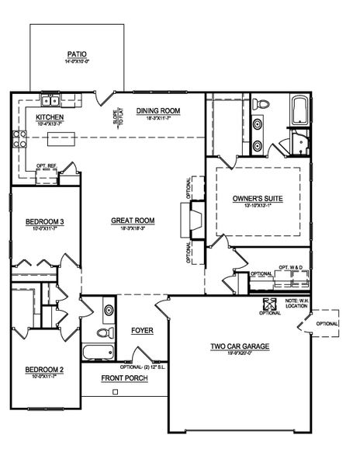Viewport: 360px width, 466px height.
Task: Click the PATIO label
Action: [x=77, y=55]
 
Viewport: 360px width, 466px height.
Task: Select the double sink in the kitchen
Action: [x=52, y=100]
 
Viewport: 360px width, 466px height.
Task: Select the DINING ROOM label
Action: [x=158, y=111]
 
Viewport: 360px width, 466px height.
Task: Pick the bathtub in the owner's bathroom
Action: [x=300, y=110]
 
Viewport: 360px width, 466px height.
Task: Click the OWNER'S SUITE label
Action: [x=258, y=199]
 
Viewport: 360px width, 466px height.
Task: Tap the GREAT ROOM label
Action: [x=133, y=221]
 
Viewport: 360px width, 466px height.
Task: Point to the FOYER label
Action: [x=142, y=331]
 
